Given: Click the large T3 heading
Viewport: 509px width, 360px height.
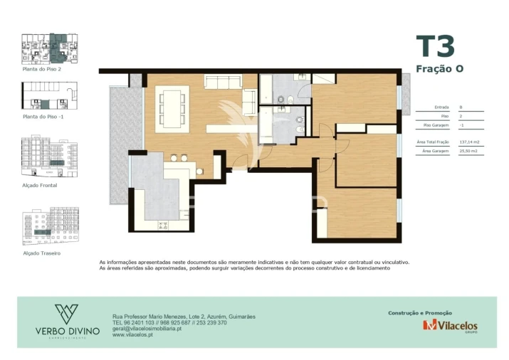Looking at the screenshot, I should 434,46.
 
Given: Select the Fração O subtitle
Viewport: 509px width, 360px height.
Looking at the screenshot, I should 439,68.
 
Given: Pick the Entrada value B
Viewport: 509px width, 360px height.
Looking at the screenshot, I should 461,107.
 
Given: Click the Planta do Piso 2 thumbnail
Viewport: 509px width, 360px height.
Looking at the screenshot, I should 51,49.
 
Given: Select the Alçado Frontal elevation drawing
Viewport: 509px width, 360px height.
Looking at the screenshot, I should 51,157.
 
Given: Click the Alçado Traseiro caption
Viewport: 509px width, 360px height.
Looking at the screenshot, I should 41,253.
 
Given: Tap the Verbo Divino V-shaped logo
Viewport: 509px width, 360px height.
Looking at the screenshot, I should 66,314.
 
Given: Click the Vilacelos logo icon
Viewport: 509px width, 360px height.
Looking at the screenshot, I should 429,326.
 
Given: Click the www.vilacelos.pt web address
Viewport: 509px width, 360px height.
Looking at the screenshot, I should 133,335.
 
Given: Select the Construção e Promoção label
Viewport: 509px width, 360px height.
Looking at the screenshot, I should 420,312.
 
